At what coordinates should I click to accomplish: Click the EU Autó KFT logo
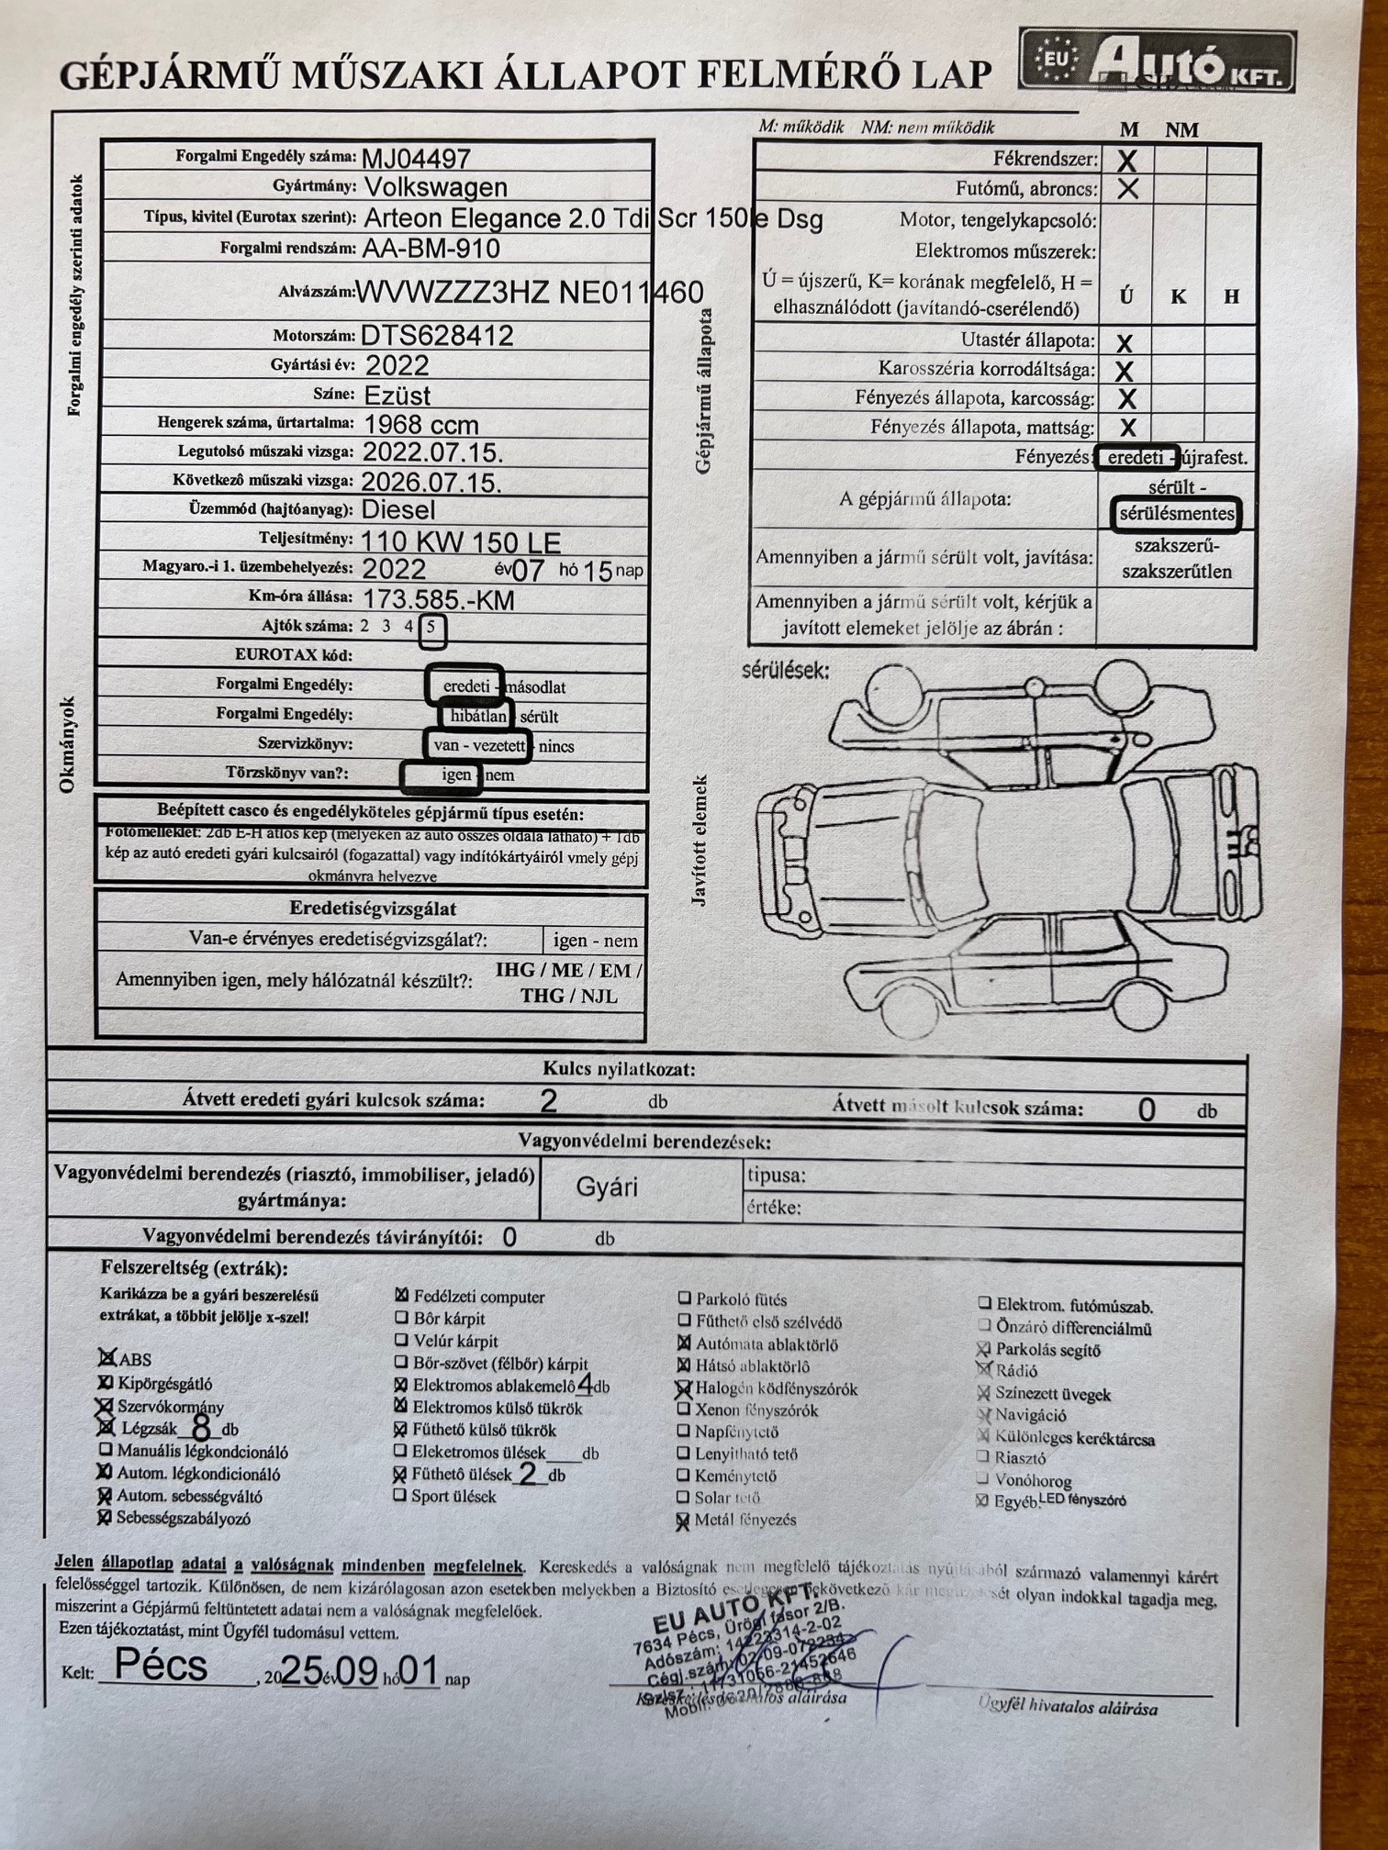[x=1157, y=61]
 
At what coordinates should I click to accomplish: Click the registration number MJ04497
[x=416, y=158]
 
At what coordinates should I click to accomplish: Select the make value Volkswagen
[x=435, y=187]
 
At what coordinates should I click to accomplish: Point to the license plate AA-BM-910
[x=431, y=248]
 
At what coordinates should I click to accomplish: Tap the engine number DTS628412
[x=437, y=335]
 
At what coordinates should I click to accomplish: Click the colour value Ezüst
[x=397, y=396]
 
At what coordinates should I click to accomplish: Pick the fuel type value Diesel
[x=397, y=509]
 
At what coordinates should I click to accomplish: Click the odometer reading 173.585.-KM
[x=438, y=600]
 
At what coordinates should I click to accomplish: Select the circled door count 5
[x=431, y=628]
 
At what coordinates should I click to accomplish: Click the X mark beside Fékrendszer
[x=1126, y=161]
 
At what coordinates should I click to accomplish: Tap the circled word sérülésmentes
[x=1176, y=514]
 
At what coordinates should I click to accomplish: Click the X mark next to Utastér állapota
[x=1124, y=343]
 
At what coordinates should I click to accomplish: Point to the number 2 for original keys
[x=548, y=1100]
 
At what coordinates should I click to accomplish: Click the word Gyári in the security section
[x=606, y=1187]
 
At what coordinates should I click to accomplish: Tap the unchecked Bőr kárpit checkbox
[x=401, y=1318]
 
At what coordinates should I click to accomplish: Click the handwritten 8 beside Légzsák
[x=201, y=1428]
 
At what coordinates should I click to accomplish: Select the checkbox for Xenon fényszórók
[x=684, y=1410]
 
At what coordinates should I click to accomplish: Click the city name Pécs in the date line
[x=162, y=1666]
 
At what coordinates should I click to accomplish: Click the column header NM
[x=1181, y=130]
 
